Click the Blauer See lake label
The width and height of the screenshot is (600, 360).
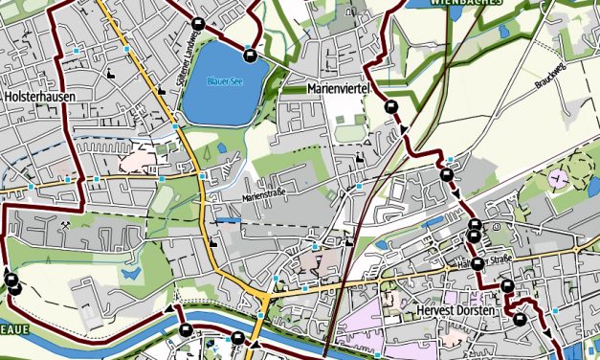tap(227, 81)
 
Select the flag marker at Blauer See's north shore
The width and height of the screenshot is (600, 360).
tap(250, 52)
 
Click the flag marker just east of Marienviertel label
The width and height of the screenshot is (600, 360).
tap(390, 107)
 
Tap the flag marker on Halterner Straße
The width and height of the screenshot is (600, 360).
tap(477, 262)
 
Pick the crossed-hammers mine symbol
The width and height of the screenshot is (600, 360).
tap(64, 225)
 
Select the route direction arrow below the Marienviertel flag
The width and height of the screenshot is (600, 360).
tap(405, 128)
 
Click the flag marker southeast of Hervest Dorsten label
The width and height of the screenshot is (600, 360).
tap(520, 319)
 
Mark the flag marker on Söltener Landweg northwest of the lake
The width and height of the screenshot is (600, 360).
tap(197, 26)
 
